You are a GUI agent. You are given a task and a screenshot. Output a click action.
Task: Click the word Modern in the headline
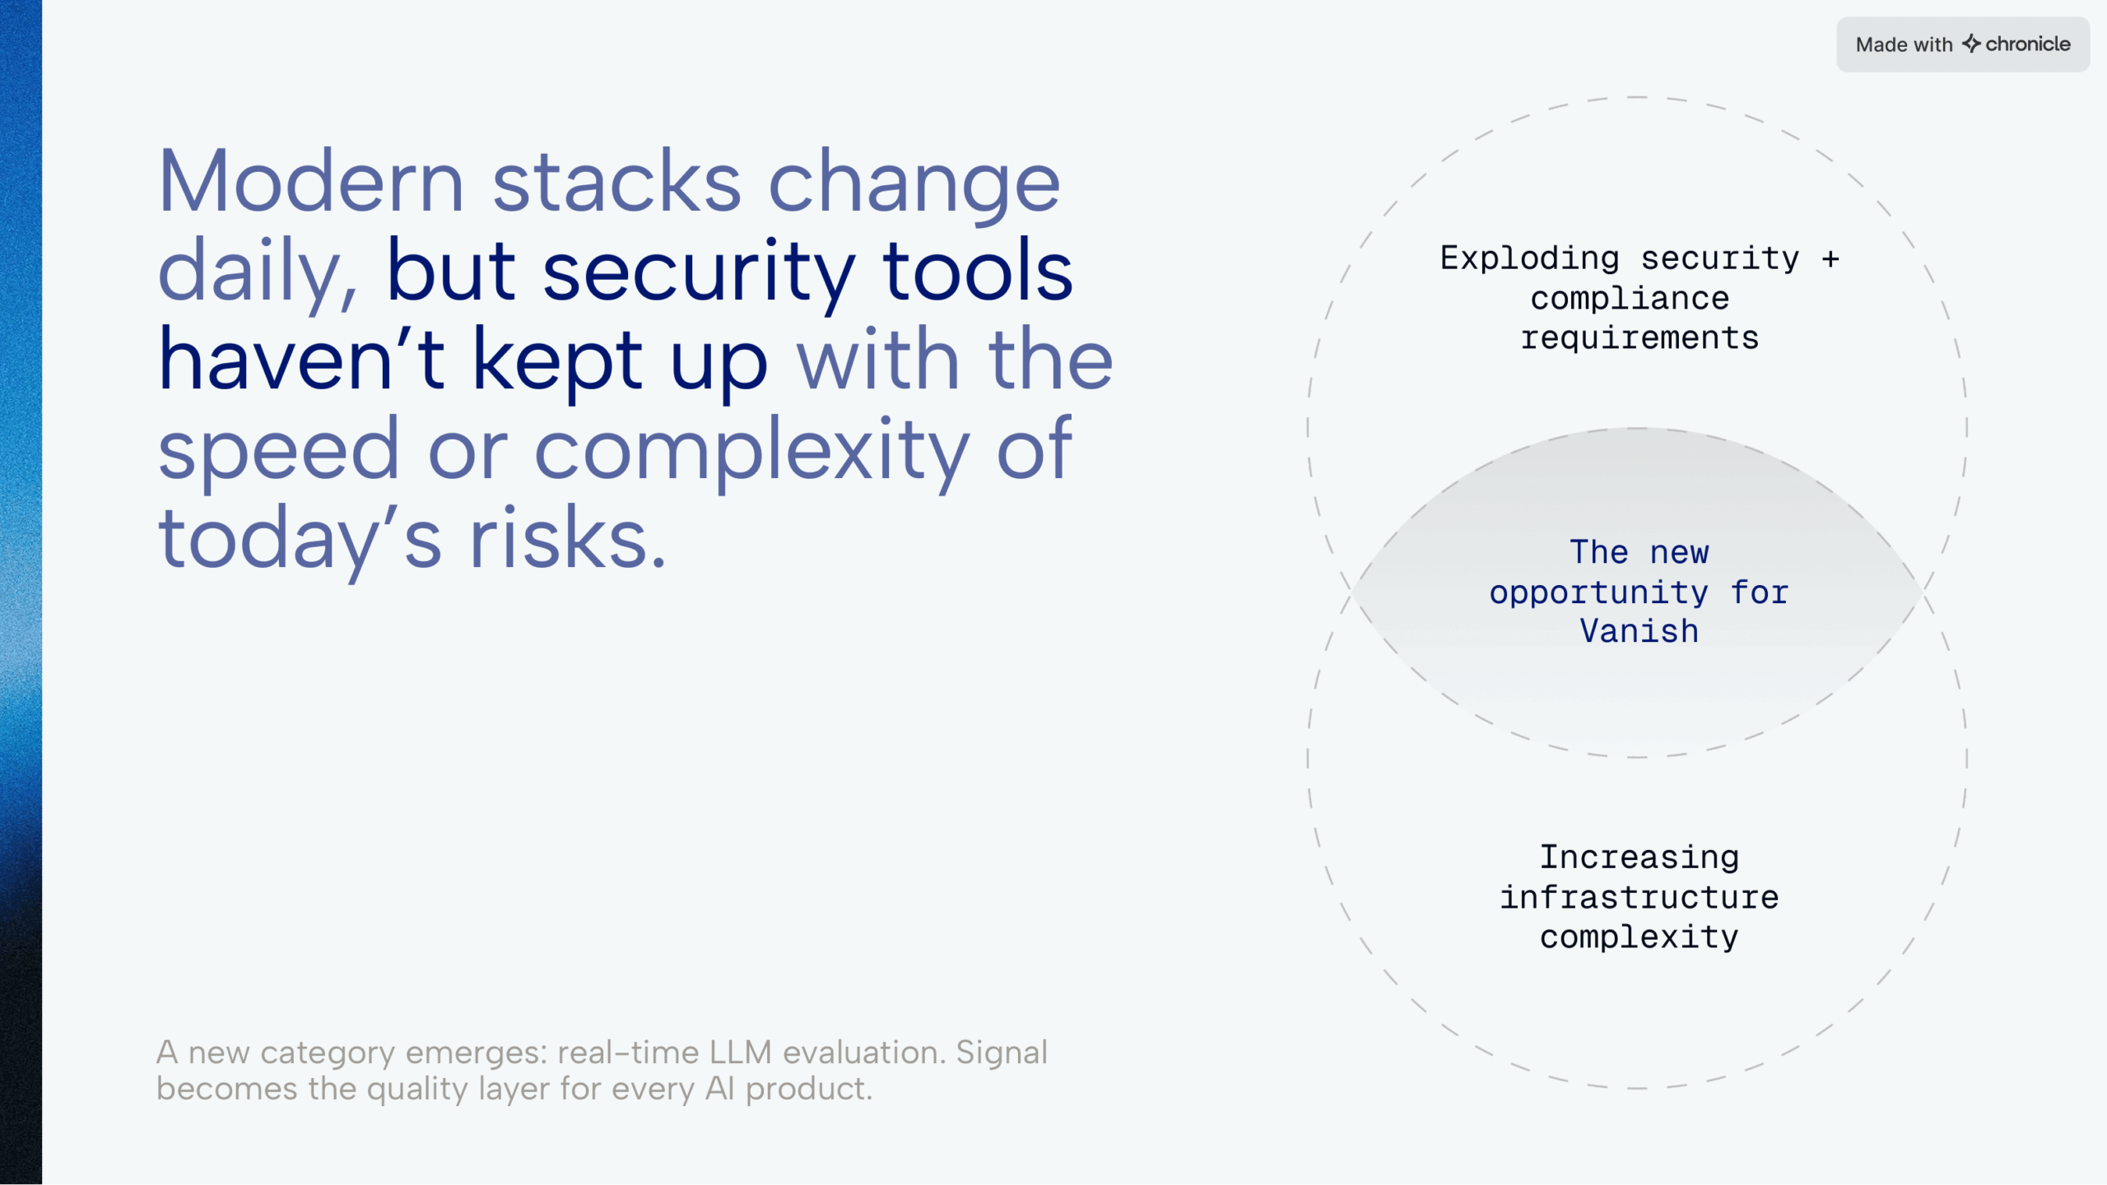[x=311, y=182]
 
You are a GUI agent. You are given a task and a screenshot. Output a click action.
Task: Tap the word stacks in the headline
[x=616, y=182]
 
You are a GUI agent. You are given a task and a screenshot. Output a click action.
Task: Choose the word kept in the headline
[x=556, y=362]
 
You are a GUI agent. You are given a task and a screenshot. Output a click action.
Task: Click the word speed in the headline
[x=278, y=452]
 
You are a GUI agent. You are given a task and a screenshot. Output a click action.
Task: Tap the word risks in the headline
[x=567, y=538]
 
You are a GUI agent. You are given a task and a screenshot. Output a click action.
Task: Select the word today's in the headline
[x=300, y=542]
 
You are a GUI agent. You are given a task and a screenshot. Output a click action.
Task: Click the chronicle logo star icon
[x=1971, y=44]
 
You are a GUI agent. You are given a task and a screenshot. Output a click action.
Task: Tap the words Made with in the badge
[x=1904, y=44]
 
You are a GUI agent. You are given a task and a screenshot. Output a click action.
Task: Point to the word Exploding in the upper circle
[x=1529, y=259]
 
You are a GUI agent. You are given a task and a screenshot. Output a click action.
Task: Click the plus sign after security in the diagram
[x=1830, y=259]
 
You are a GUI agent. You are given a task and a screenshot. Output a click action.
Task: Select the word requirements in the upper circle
[x=1640, y=338]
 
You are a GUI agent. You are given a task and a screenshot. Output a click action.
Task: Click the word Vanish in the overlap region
[x=1640, y=631]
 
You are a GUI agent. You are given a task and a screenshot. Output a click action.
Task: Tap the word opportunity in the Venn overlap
[x=1599, y=592]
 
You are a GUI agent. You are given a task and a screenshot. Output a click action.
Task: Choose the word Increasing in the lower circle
[x=1640, y=858]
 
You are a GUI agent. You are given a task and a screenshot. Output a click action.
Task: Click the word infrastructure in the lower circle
[x=1640, y=897]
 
